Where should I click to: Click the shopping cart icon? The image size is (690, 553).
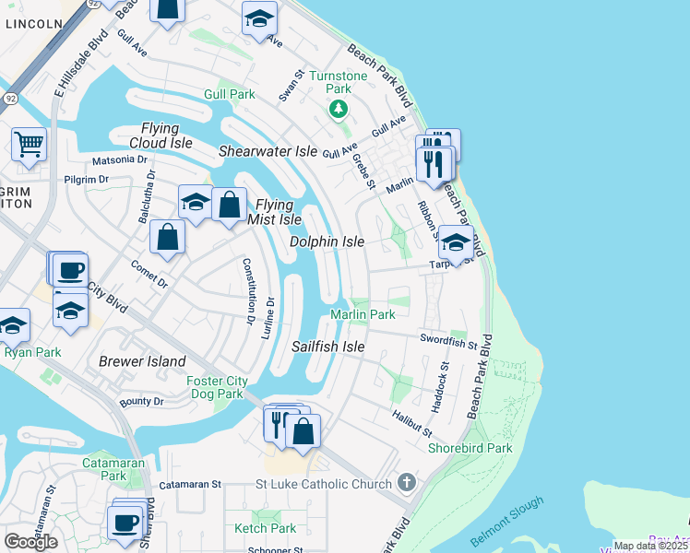pos(29,144)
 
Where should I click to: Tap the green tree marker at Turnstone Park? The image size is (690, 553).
pos(339,111)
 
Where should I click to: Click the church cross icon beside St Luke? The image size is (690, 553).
pos(406,483)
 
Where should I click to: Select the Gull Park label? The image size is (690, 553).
pos(229,95)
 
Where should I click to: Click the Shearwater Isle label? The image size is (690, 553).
pos(268,151)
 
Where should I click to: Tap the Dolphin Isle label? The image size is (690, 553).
pos(327,241)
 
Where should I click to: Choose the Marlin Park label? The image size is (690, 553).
pos(363,315)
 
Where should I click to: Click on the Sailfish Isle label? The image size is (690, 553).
pos(327,347)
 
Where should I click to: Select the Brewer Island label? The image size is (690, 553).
pos(142,361)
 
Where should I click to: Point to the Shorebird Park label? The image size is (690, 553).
pos(470,448)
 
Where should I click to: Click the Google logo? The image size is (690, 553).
pos(30,542)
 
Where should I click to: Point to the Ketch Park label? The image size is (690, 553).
pos(266,528)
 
